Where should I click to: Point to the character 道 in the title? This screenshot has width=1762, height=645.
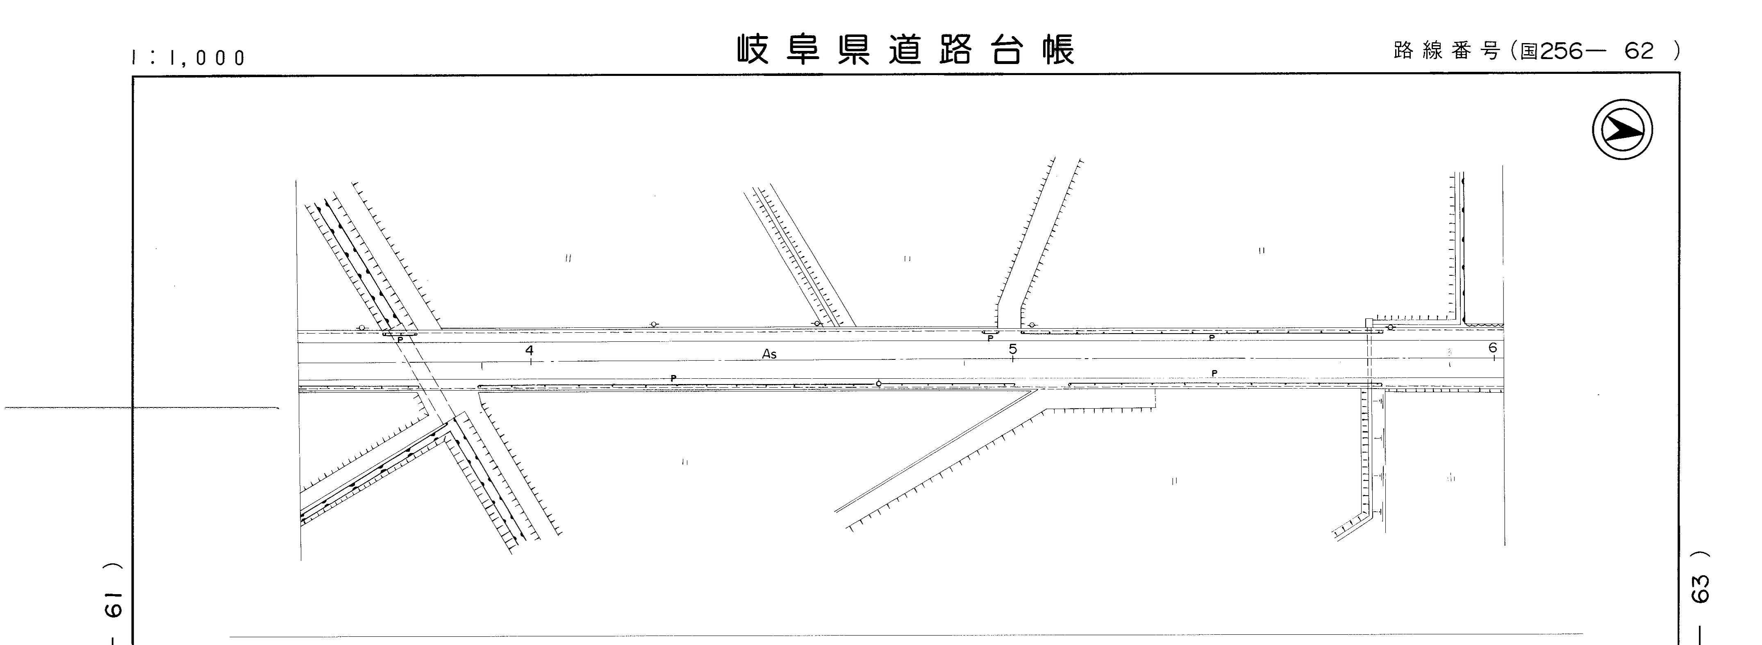tap(906, 49)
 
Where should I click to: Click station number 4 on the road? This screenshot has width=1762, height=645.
tap(529, 350)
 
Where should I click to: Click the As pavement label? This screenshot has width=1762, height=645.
tap(769, 354)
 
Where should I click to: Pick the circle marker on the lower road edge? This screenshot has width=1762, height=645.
tap(879, 383)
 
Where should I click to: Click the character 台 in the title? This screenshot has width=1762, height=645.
tap(1007, 49)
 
